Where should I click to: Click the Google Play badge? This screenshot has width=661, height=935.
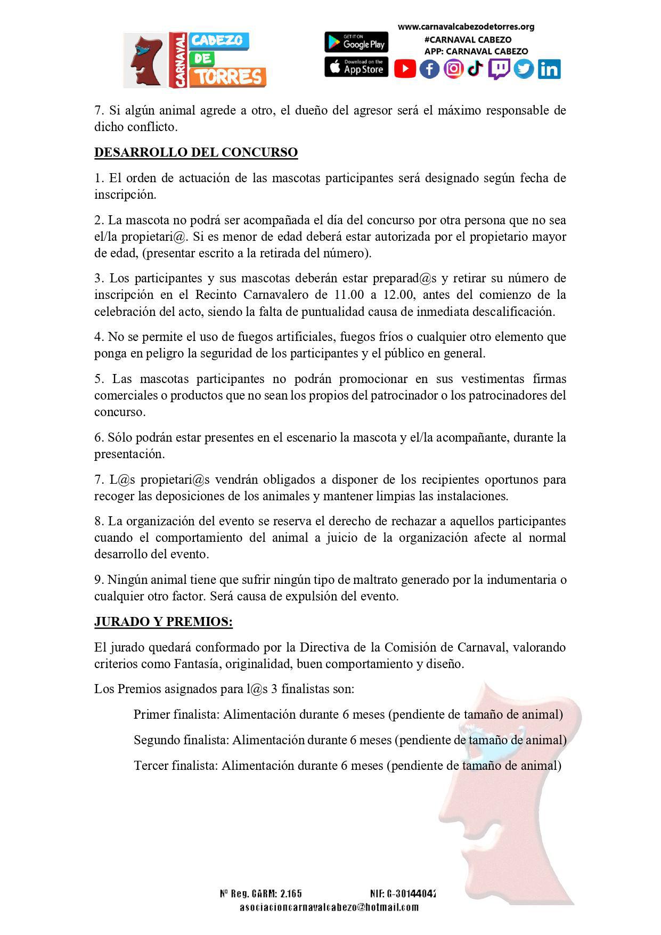(x=356, y=42)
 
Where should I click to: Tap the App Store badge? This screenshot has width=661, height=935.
(x=356, y=67)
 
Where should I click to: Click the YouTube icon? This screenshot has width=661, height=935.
(x=405, y=69)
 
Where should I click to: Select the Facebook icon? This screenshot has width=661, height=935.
(x=429, y=69)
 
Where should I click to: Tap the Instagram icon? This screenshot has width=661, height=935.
(x=453, y=69)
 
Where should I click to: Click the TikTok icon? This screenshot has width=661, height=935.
(x=476, y=68)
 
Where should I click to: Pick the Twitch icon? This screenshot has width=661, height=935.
(x=499, y=69)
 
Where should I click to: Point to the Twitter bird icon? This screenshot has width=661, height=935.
(x=524, y=69)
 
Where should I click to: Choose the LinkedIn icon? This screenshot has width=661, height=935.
(x=549, y=69)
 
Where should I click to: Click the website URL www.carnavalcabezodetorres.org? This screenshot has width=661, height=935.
(x=466, y=27)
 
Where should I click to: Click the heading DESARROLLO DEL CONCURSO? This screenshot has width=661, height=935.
(x=196, y=152)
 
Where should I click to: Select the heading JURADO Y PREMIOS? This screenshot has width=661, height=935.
(x=164, y=622)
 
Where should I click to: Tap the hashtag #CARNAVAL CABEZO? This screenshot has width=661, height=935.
(x=468, y=39)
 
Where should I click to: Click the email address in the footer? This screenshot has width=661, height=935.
(x=329, y=907)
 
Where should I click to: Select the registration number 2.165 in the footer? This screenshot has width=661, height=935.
(x=291, y=893)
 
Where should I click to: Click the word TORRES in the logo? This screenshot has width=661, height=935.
(x=229, y=77)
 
